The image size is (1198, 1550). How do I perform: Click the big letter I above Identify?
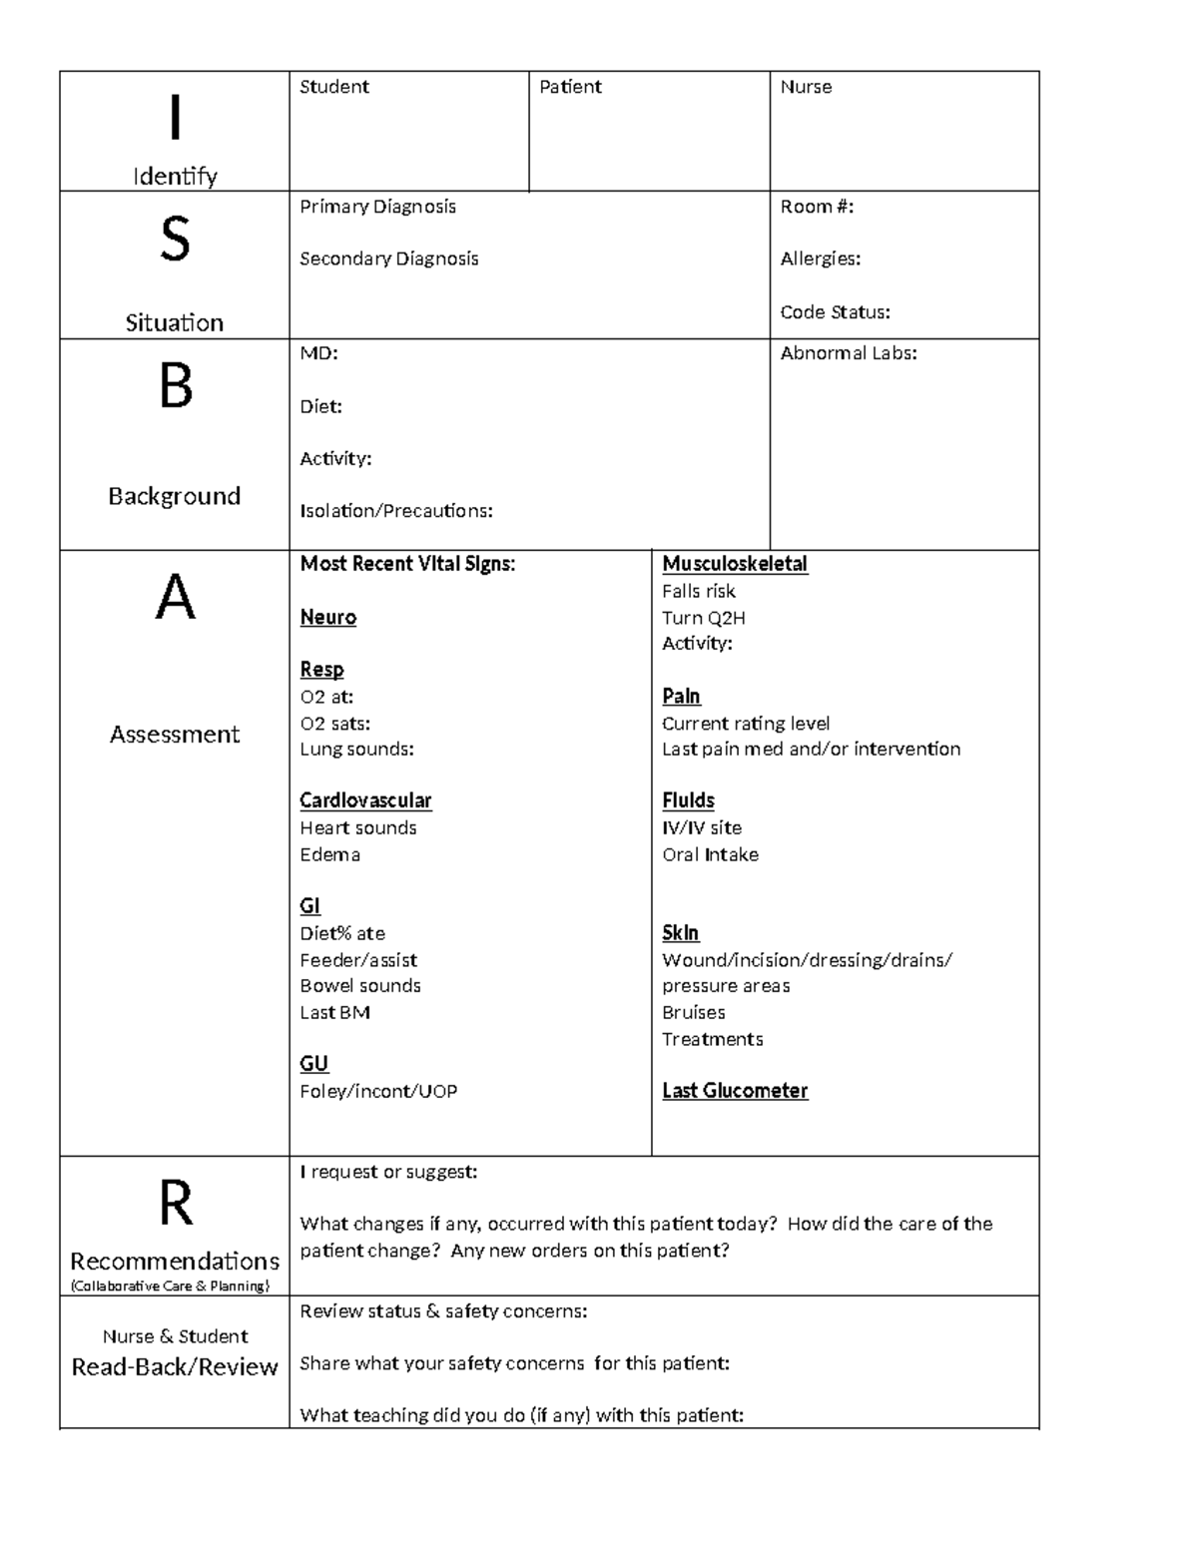tap(175, 118)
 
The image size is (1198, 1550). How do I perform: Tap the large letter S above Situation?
tap(175, 241)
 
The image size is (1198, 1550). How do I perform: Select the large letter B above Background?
tap(176, 387)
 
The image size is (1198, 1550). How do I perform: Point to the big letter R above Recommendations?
tap(176, 1204)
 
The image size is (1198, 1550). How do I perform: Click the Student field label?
tap(334, 87)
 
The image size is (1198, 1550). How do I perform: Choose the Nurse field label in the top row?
tap(806, 87)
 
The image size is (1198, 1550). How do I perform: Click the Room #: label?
tap(817, 207)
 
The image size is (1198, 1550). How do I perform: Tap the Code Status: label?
tap(835, 312)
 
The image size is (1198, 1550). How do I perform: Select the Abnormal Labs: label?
tap(848, 353)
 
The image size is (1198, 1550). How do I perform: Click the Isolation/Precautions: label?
tap(396, 511)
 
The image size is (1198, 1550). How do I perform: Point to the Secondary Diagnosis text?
tap(388, 258)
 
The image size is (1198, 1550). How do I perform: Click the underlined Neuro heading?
tap(327, 617)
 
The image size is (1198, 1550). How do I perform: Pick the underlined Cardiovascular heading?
tap(365, 800)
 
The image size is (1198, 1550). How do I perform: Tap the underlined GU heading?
tap(313, 1064)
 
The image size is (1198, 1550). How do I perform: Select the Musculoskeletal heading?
tap(735, 564)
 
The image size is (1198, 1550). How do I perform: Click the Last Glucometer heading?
tap(735, 1091)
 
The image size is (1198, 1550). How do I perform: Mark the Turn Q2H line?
tap(703, 618)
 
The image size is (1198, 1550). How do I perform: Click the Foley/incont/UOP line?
tap(378, 1092)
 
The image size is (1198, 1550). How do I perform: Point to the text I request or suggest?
tap(388, 1172)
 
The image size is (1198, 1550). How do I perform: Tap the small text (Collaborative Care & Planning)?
tap(170, 1287)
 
